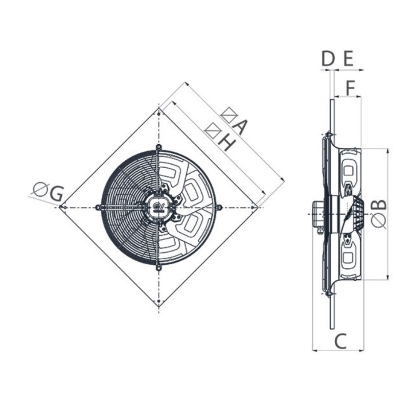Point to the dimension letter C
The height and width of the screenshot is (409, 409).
[340, 340]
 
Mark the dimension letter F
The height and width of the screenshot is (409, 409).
[350, 88]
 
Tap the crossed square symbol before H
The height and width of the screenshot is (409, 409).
[211, 130]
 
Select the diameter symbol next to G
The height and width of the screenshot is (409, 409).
[40, 189]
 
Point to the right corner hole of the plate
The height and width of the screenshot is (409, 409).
[257, 207]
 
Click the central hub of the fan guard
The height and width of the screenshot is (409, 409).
[159, 207]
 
